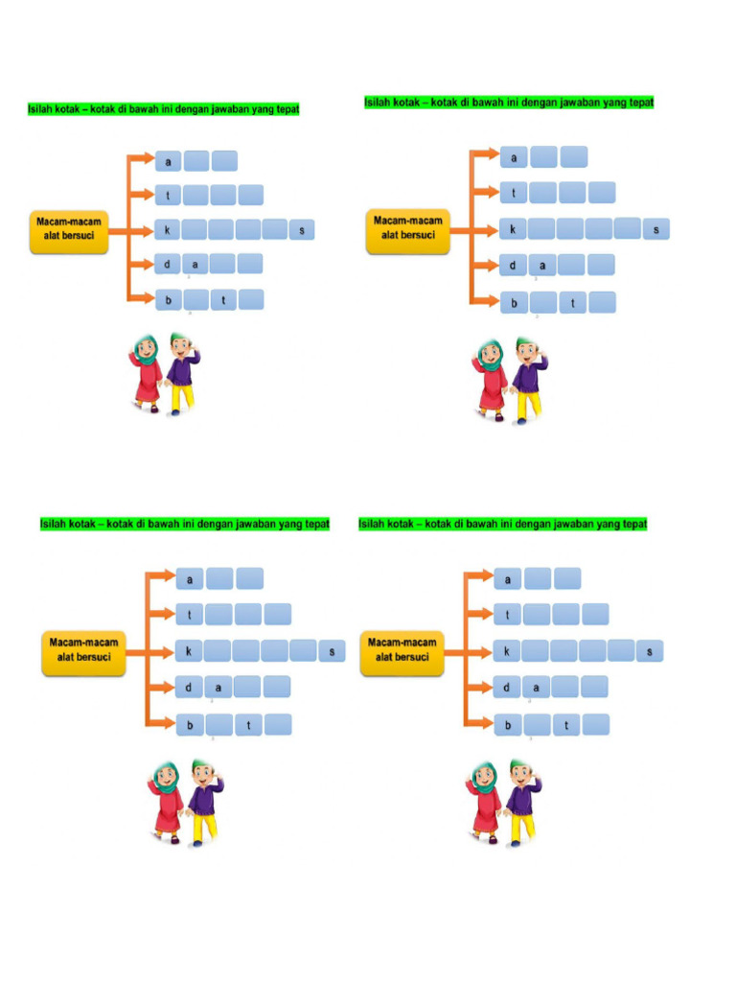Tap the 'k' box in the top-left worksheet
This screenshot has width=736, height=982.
tap(168, 230)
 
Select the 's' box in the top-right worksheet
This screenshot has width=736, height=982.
tap(656, 229)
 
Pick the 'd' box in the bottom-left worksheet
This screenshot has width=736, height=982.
tap(189, 687)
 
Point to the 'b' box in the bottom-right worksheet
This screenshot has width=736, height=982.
tap(508, 725)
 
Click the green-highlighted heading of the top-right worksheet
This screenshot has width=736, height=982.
tap(508, 102)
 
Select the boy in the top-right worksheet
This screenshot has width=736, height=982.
tap(526, 380)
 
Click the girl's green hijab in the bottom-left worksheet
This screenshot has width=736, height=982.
tap(167, 778)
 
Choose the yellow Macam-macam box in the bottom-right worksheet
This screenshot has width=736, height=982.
tap(402, 650)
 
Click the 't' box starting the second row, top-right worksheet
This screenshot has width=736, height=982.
tap(514, 193)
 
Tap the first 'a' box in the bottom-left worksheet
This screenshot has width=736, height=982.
tap(190, 579)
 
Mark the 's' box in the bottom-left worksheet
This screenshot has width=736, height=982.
tap(332, 651)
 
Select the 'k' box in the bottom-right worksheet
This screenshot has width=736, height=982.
tap(507, 652)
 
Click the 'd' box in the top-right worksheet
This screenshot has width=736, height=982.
tap(514, 266)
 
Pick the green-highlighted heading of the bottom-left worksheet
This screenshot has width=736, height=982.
tap(184, 524)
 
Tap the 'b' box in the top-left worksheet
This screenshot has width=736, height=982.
tap(168, 300)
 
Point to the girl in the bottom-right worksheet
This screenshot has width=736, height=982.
tap(484, 802)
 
